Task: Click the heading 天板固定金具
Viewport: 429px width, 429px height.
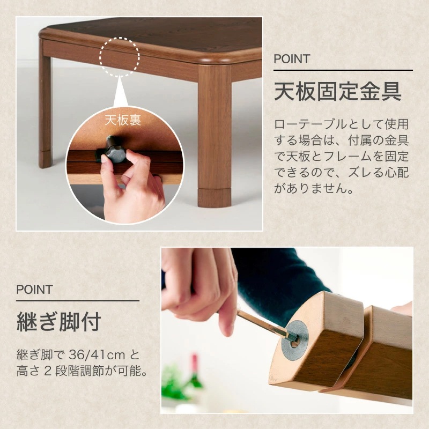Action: (338, 91)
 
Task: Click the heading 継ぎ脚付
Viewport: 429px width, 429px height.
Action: (58, 323)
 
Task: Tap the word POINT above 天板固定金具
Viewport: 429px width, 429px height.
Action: (292, 59)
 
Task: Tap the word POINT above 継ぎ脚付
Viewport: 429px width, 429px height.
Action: (34, 290)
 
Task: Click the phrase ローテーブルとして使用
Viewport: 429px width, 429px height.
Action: (341, 124)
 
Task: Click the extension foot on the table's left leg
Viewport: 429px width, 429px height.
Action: (45, 159)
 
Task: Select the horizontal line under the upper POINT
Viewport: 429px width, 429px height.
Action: (343, 70)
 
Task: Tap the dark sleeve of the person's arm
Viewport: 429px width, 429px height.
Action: (279, 279)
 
